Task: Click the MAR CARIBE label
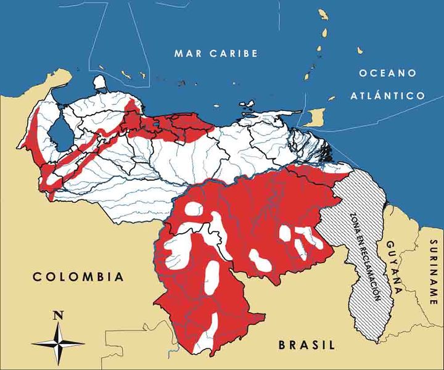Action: (215, 54)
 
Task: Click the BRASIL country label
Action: (306, 345)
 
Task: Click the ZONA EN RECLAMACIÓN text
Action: (364, 256)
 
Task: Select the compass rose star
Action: (59, 343)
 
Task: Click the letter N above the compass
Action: (59, 315)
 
